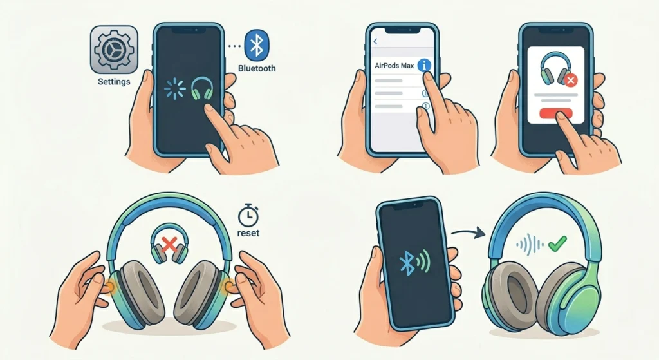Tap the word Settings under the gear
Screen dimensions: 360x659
[x=114, y=82]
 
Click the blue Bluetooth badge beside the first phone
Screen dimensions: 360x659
[x=257, y=44]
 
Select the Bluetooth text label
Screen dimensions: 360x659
[x=257, y=68]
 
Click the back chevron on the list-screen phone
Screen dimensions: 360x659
[x=375, y=41]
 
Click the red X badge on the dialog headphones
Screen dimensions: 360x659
[x=570, y=81]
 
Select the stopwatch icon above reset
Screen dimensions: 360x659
[x=248, y=214]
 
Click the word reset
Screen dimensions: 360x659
[x=248, y=232]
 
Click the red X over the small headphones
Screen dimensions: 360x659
[x=169, y=244]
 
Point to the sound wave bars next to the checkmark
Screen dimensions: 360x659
[x=529, y=245]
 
